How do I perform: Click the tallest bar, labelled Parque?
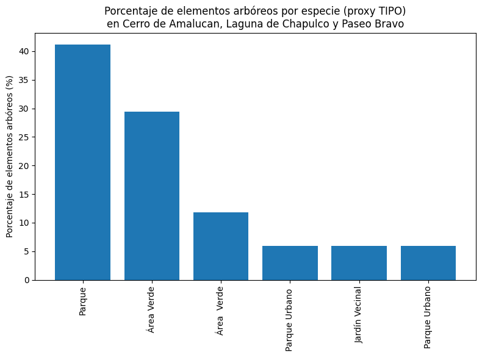[82, 162]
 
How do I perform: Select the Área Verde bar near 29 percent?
[151, 196]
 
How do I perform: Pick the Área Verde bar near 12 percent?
[221, 247]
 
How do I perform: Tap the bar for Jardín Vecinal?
[359, 263]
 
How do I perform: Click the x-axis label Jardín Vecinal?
[359, 314]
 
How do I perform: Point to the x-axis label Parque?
[82, 301]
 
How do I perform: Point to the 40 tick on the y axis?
[23, 51]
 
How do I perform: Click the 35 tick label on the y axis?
[23, 80]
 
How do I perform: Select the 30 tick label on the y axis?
[23, 109]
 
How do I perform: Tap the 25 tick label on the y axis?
[23, 137]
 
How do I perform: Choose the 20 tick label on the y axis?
[23, 166]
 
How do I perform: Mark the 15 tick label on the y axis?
[23, 195]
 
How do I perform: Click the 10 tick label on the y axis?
[23, 223]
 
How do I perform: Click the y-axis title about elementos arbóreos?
[10, 157]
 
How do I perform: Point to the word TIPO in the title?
[389, 11]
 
